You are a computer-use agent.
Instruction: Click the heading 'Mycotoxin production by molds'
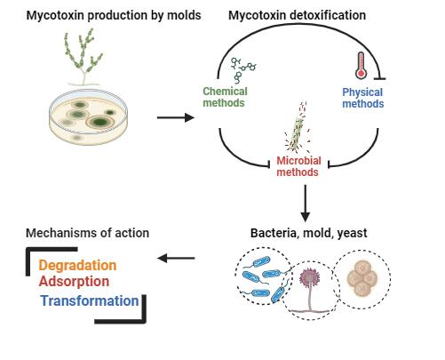[x=114, y=15]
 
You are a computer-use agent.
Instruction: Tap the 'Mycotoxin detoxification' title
[x=297, y=15]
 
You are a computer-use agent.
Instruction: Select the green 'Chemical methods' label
[x=225, y=97]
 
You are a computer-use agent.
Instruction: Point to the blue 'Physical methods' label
[x=363, y=98]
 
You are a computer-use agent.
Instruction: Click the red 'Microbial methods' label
[x=298, y=166]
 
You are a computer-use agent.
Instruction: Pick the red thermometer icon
[x=361, y=66]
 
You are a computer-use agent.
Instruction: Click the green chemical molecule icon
[x=243, y=70]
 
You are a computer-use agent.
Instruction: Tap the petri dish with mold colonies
[x=89, y=117]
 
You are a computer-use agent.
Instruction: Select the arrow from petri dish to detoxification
[x=176, y=117]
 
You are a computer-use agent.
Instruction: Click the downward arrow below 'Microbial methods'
[x=305, y=204]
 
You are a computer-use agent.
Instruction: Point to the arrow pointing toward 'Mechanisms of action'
[x=176, y=258]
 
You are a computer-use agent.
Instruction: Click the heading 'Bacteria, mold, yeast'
[x=308, y=233]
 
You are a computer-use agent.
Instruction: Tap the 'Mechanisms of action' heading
[x=87, y=233]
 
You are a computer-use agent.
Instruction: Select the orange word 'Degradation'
[x=77, y=265]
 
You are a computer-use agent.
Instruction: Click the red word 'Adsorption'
[x=74, y=281]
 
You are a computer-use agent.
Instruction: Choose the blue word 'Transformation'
[x=90, y=300]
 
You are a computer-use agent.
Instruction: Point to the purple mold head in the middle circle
[x=309, y=278]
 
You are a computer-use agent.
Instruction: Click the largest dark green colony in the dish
[x=99, y=122]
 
